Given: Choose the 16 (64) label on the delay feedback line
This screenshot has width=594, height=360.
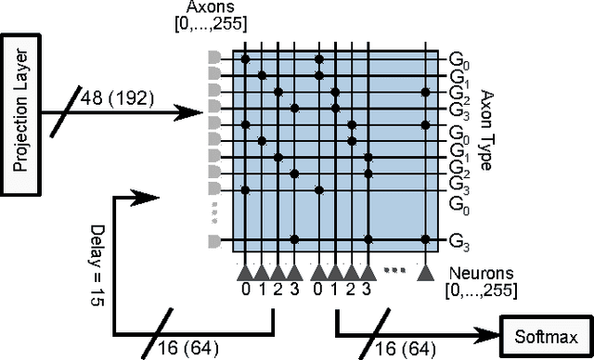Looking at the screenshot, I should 196,347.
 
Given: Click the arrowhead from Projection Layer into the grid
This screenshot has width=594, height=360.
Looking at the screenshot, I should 194,115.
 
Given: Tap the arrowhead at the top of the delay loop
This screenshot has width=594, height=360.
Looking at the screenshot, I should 148,197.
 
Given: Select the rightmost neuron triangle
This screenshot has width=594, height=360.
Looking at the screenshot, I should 425,272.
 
